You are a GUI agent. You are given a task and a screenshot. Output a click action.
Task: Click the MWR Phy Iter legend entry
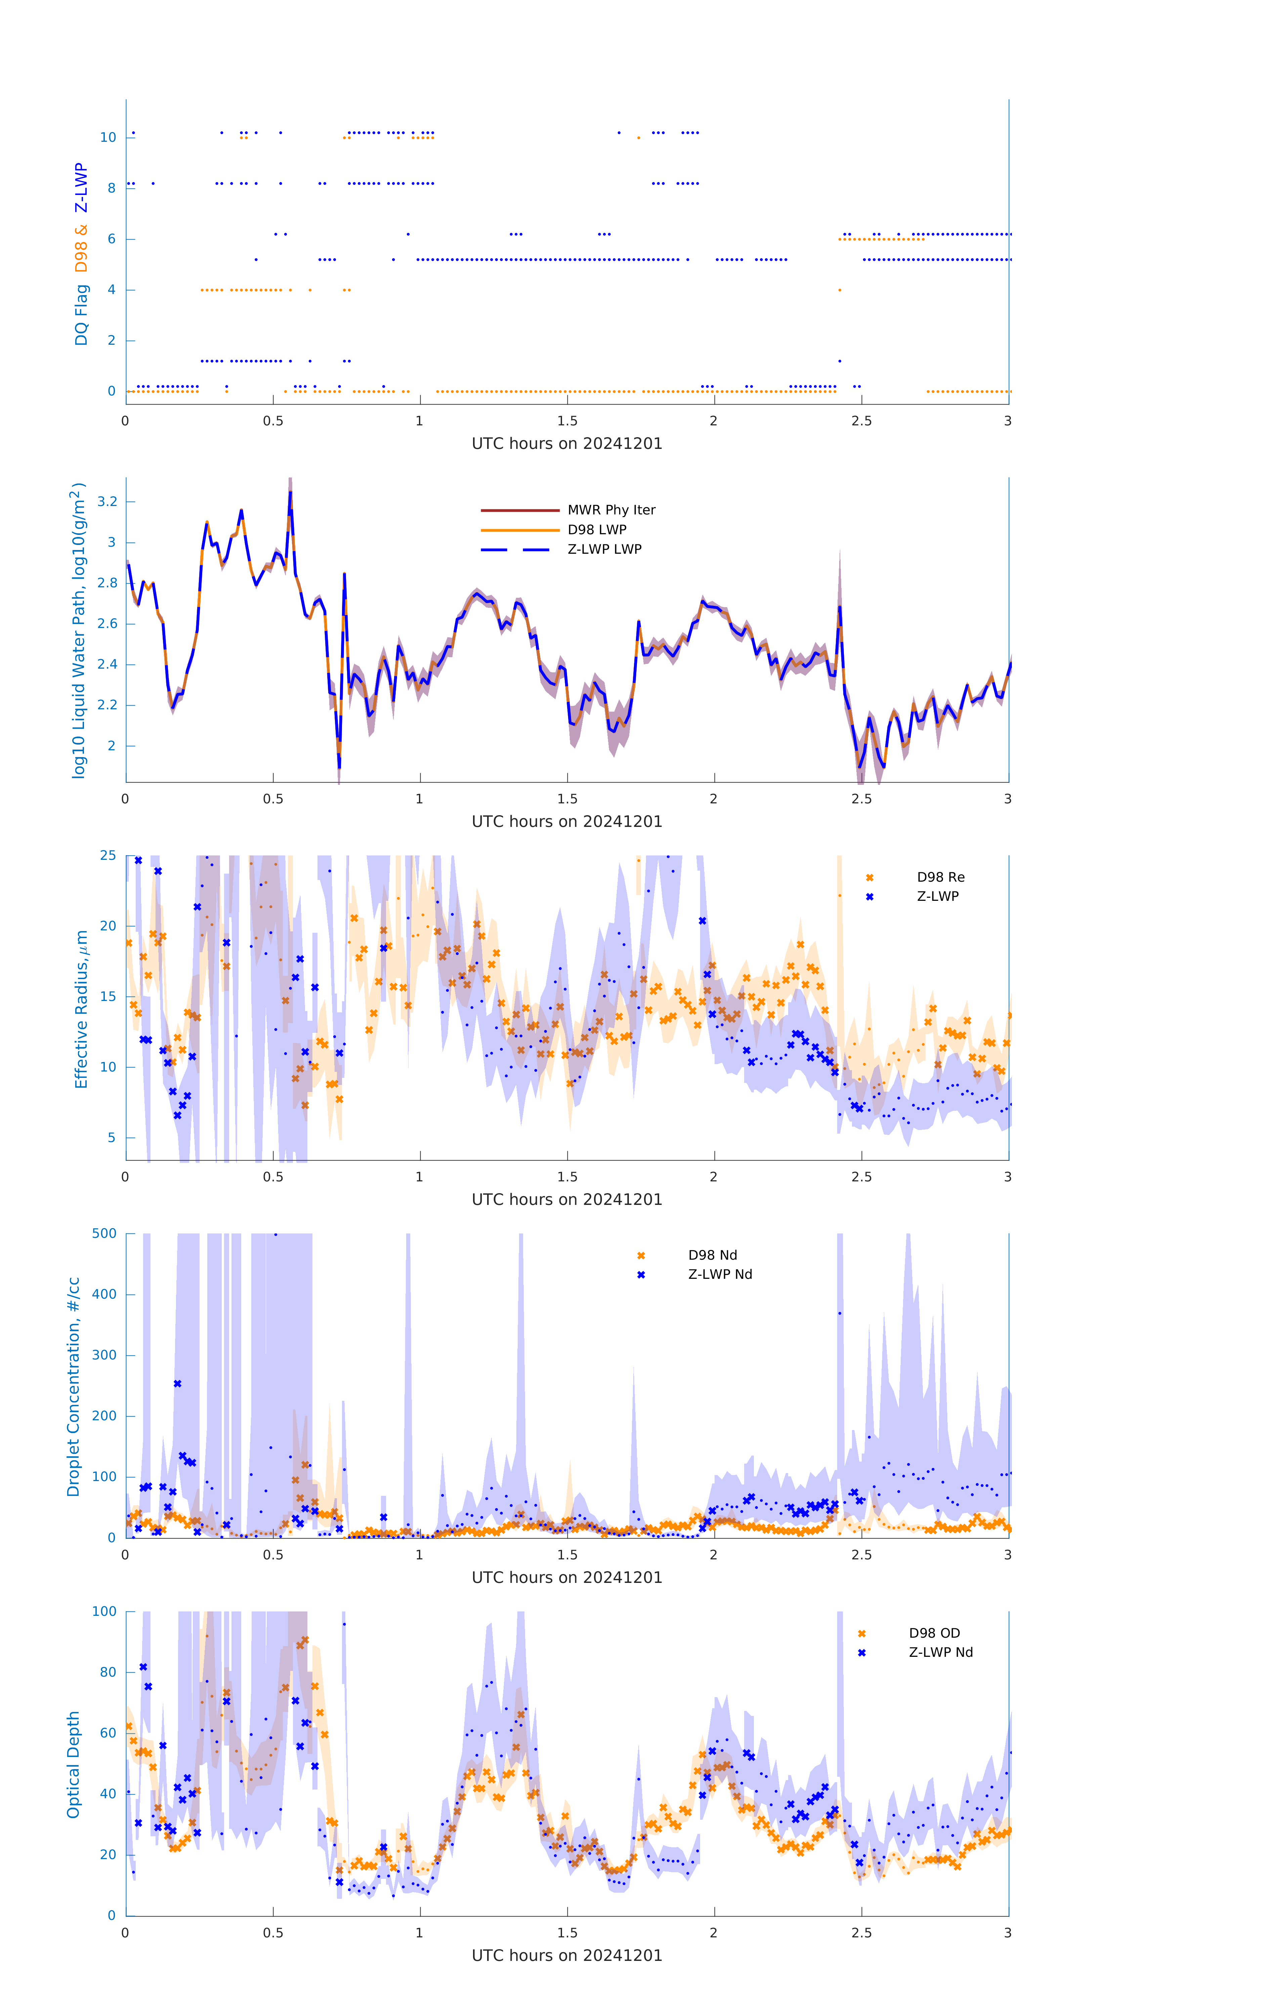click(x=611, y=510)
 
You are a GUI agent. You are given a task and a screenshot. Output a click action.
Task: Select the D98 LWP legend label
click(x=597, y=529)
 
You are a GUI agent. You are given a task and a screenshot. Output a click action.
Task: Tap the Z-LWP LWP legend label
click(x=604, y=549)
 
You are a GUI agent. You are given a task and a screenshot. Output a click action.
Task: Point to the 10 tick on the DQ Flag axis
click(x=108, y=137)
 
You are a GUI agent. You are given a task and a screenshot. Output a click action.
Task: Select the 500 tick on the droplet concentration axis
click(x=104, y=1233)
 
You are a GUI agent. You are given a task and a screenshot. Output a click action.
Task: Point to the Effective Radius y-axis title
click(x=81, y=1009)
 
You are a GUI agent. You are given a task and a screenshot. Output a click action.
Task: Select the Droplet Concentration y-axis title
click(x=74, y=1386)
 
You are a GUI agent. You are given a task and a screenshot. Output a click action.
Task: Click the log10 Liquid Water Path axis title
click(x=79, y=630)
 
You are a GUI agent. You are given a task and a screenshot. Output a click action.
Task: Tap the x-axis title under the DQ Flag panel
click(x=567, y=444)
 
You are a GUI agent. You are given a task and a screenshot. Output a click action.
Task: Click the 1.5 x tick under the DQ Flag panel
click(x=567, y=421)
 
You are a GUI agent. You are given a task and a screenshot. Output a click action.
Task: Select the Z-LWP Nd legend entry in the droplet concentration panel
click(x=720, y=1274)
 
